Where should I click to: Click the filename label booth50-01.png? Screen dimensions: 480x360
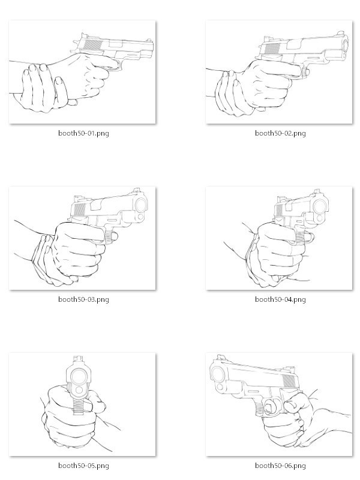[83, 133]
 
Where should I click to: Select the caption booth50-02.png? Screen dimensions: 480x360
[280, 133]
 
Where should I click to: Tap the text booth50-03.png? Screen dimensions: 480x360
[83, 299]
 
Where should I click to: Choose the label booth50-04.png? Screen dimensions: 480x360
[280, 299]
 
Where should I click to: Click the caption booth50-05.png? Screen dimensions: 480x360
[83, 466]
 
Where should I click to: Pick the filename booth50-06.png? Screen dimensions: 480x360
[280, 466]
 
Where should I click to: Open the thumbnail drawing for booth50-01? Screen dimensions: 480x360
[83, 72]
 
